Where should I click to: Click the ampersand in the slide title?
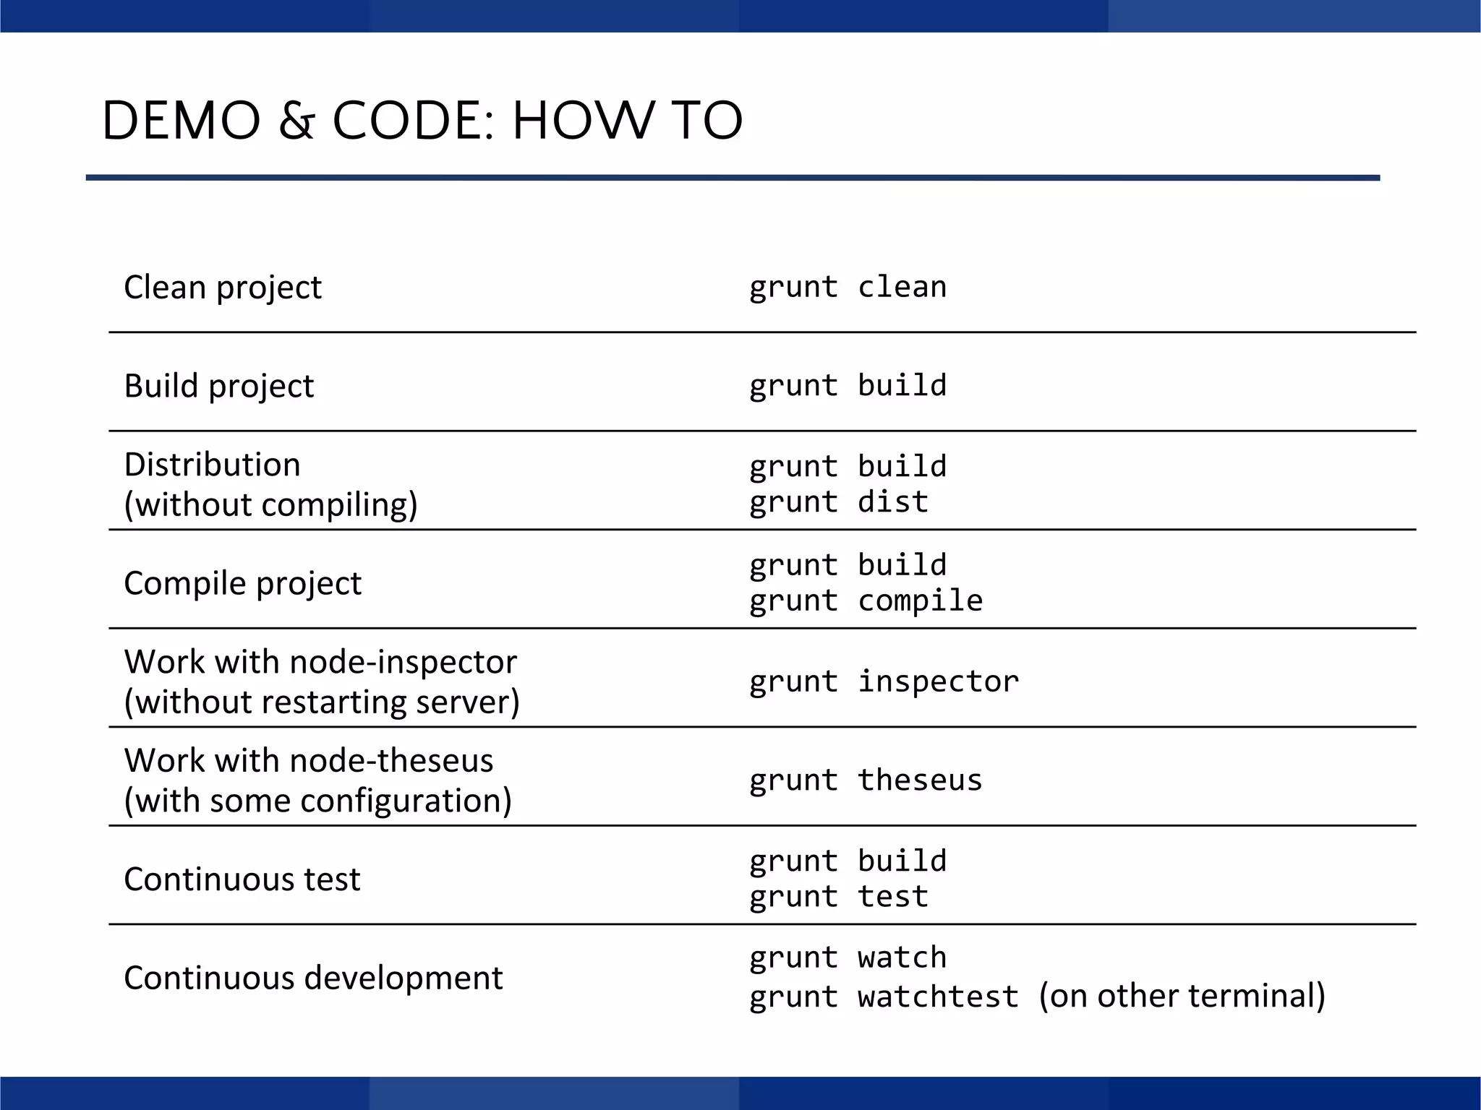pyautogui.click(x=296, y=121)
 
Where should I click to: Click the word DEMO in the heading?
pyautogui.click(x=181, y=121)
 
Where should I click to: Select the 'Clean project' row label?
pyautogui.click(x=222, y=288)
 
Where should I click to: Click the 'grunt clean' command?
pyautogui.click(x=848, y=288)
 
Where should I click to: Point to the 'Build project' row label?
pyautogui.click(x=218, y=386)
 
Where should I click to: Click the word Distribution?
pyautogui.click(x=212, y=465)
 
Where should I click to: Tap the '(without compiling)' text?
pyautogui.click(x=270, y=504)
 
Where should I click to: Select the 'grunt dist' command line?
pyautogui.click(x=839, y=502)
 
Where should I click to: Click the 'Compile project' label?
pyautogui.click(x=242, y=583)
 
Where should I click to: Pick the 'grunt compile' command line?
pyautogui.click(x=866, y=601)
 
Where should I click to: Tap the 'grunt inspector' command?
pyautogui.click(x=884, y=681)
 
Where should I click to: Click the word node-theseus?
pyautogui.click(x=391, y=761)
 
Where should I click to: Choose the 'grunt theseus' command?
pyautogui.click(x=866, y=780)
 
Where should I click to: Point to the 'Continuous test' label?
pyautogui.click(x=242, y=879)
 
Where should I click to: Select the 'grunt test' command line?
pyautogui.click(x=839, y=897)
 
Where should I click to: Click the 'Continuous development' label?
pyautogui.click(x=313, y=978)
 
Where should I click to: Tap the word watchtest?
pyautogui.click(x=938, y=997)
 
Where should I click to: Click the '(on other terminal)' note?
pyautogui.click(x=1182, y=996)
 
